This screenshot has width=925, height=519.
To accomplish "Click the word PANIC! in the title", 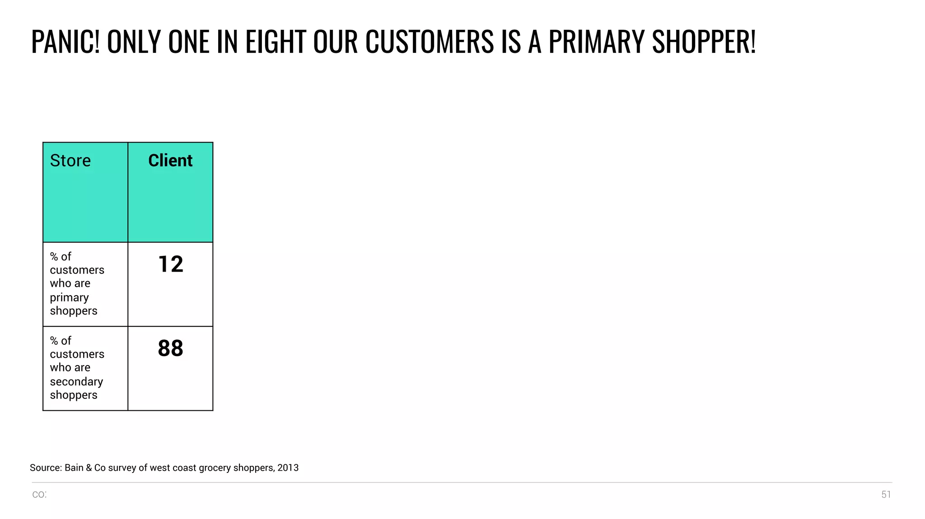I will [65, 42].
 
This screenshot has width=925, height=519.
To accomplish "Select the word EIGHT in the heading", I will [276, 42].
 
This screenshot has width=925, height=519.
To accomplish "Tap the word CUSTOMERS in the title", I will [430, 42].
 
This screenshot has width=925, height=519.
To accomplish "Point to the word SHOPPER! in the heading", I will [704, 42].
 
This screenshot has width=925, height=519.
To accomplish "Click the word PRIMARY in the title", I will [597, 42].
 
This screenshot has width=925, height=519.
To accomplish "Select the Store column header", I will [70, 161].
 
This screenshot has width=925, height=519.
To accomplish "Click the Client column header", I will [170, 161].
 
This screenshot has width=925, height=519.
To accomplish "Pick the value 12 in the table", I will [171, 264].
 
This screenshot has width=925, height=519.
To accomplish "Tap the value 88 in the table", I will [170, 348].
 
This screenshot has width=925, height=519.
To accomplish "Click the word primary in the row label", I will [69, 298].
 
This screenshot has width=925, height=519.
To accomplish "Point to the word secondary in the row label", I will [76, 382].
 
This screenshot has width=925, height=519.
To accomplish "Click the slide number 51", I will [886, 495].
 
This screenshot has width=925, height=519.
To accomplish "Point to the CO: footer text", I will [39, 495].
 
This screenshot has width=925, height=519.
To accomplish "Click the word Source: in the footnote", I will [46, 468].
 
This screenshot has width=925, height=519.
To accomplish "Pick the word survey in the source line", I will [122, 468].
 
